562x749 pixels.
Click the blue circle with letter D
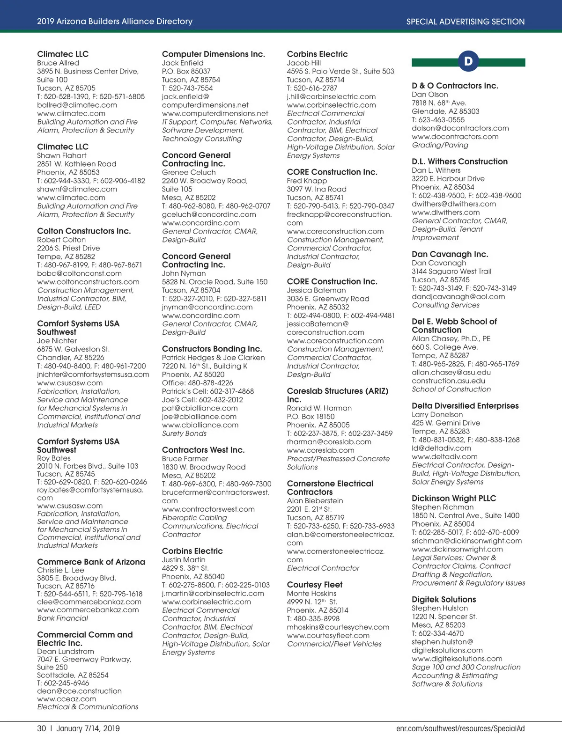pyautogui.click(x=468, y=61)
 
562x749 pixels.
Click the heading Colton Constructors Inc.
pyautogui.click(x=84, y=231)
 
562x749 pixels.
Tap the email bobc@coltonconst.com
pyautogui.click(x=79, y=273)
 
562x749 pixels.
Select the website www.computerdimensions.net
pyautogui.click(x=215, y=113)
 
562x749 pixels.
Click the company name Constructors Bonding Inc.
pyautogui.click(x=212, y=349)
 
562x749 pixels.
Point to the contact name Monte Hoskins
pyautogui.click(x=311, y=593)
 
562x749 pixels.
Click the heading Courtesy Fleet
pyautogui.click(x=314, y=585)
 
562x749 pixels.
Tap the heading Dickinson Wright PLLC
pyautogui.click(x=454, y=499)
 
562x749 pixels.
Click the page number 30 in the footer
pyautogui.click(x=42, y=728)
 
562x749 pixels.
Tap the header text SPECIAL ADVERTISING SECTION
pyautogui.click(x=465, y=22)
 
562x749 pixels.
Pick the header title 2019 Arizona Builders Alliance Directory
pyautogui.click(x=115, y=22)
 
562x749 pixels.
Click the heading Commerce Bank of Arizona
pyautogui.click(x=91, y=562)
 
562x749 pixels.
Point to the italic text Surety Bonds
pyautogui.click(x=184, y=433)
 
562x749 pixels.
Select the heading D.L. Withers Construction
pyautogui.click(x=459, y=162)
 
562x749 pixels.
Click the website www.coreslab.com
pyautogui.click(x=320, y=450)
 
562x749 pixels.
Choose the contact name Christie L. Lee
pyautogui.click(x=60, y=570)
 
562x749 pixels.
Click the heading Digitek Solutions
pyautogui.click(x=444, y=600)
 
